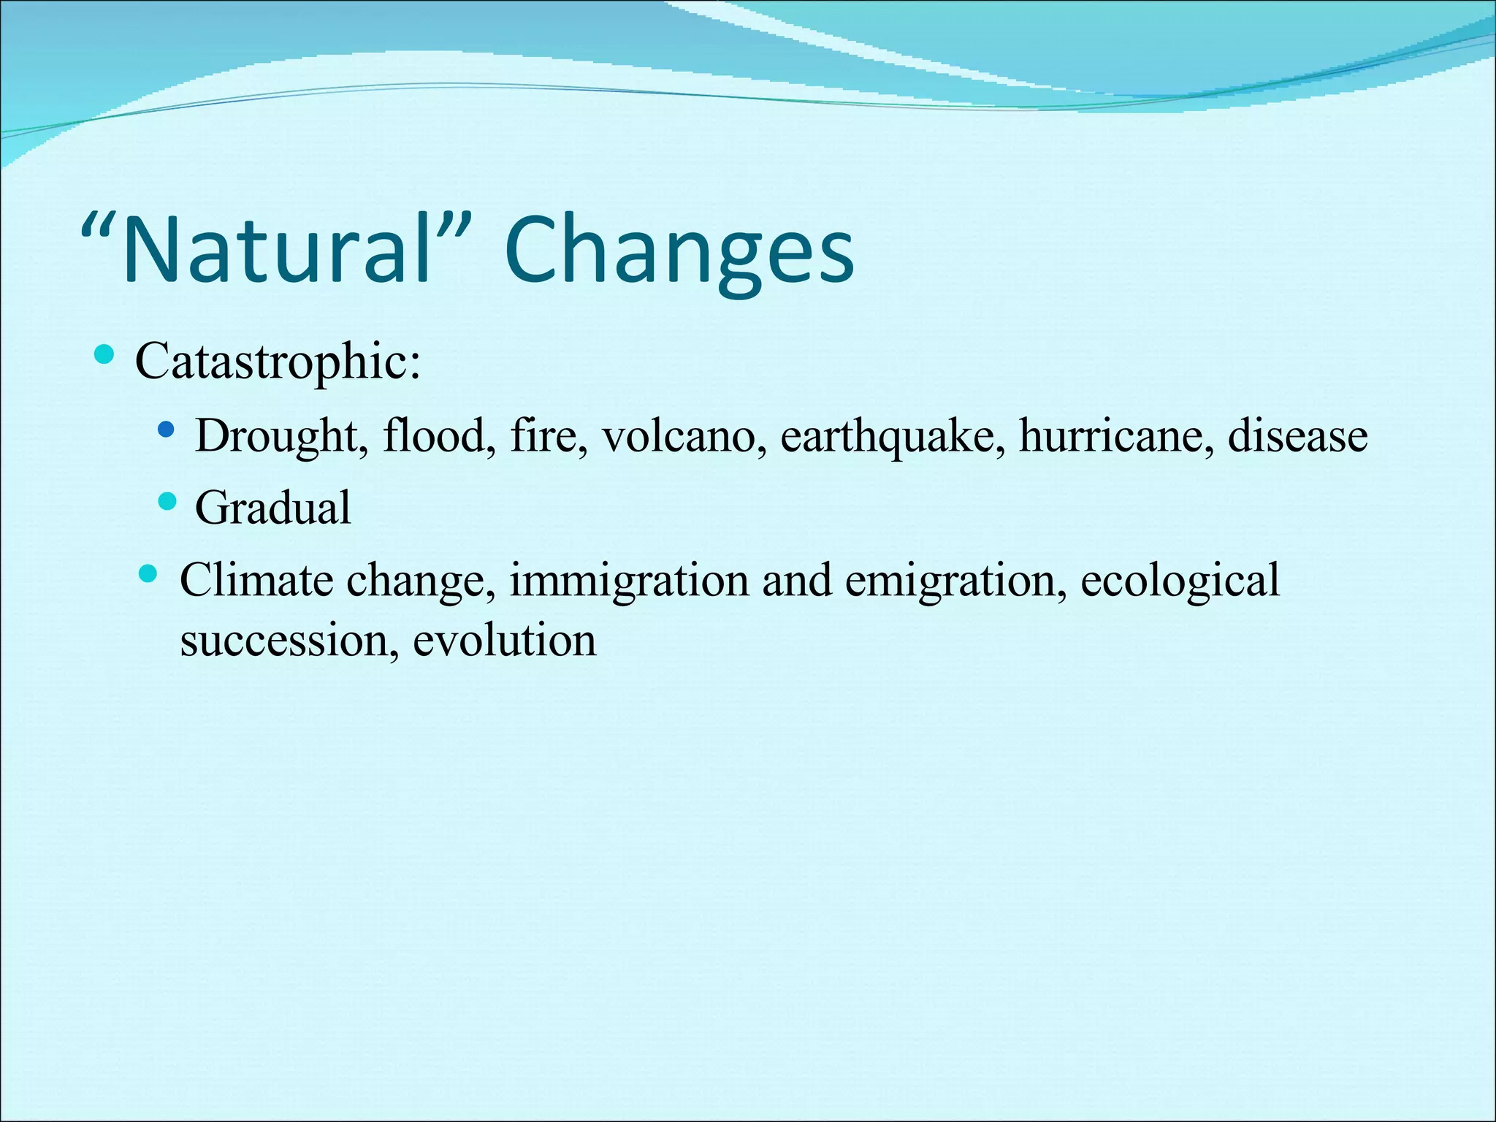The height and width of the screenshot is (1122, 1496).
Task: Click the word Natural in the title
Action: pos(278,251)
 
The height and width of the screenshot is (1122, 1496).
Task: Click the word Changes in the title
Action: pos(679,251)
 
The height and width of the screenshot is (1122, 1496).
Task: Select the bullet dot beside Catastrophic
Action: pos(104,356)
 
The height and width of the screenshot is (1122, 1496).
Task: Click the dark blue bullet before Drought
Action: pos(167,429)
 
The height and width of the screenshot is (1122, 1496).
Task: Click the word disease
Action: pos(1297,437)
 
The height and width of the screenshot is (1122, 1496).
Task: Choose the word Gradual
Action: pos(273,508)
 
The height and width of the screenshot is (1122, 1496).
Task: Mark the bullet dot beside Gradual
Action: pos(167,501)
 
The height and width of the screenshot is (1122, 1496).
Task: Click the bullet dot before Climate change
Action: pos(148,573)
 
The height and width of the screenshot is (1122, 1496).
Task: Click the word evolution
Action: pos(505,641)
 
